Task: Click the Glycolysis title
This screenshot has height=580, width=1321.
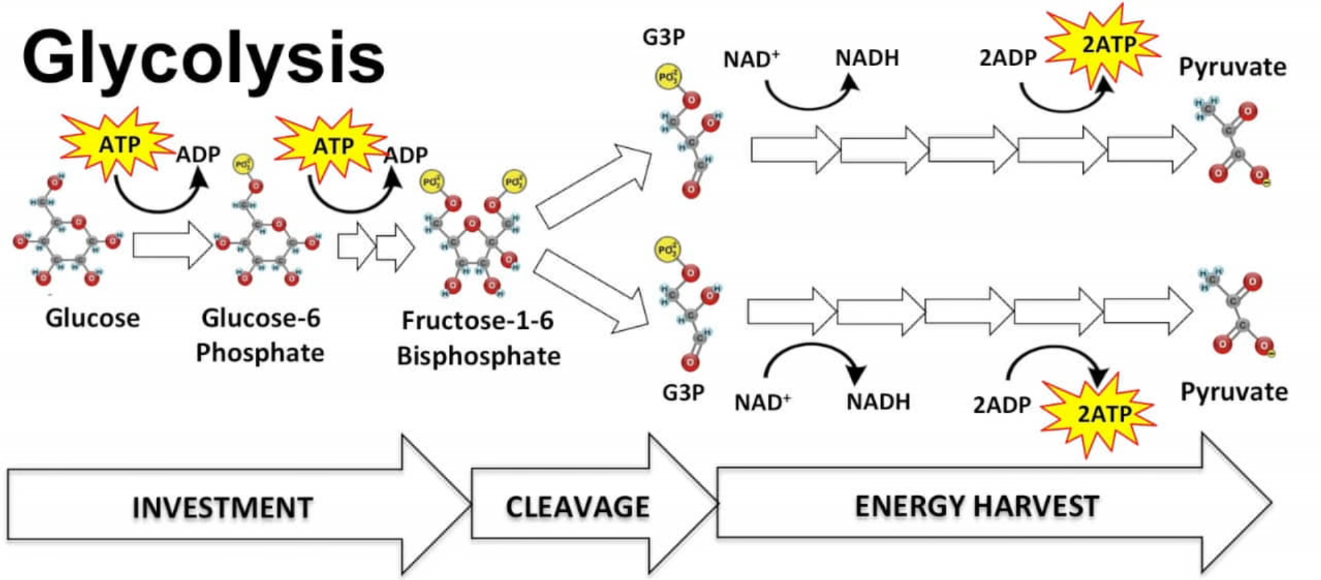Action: [x=203, y=58]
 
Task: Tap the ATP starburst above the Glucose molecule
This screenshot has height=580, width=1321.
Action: [x=118, y=144]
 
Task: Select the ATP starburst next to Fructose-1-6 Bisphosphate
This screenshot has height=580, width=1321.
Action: [x=333, y=146]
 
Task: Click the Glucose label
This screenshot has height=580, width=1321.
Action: [x=92, y=318]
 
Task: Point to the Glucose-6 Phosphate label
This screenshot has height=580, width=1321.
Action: [x=260, y=335]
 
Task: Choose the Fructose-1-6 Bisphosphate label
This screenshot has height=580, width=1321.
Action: [x=478, y=338]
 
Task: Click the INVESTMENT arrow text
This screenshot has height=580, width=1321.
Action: [x=222, y=508]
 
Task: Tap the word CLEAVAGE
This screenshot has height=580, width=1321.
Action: [x=577, y=507]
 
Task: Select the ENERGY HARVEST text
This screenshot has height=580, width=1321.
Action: [x=976, y=506]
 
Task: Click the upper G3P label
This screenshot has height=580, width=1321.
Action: [x=663, y=36]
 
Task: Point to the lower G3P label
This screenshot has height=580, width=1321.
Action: [x=683, y=392]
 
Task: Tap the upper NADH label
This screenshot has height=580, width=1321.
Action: [x=867, y=58]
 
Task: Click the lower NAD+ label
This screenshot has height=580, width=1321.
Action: [x=762, y=402]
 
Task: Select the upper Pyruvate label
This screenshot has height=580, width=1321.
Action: [x=1232, y=67]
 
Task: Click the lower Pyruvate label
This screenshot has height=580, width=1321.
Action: [x=1234, y=391]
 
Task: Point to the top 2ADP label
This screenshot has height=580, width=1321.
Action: [x=1007, y=58]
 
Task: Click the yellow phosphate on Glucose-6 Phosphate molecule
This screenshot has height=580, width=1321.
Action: [x=242, y=164]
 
